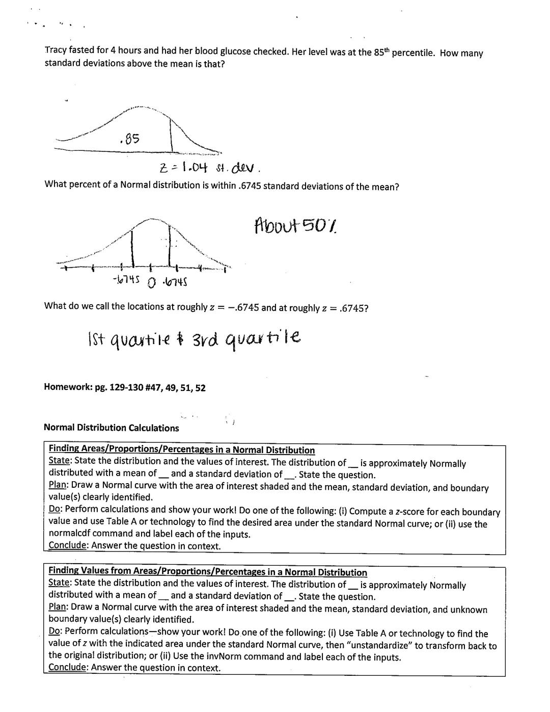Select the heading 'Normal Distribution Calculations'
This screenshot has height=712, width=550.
111,428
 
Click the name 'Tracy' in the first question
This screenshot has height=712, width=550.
56,50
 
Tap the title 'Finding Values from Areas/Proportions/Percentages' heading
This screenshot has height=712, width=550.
208,572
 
